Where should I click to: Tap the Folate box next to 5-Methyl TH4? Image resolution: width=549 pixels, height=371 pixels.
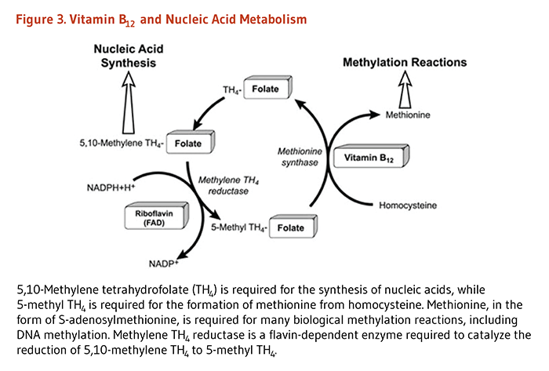click(x=289, y=227)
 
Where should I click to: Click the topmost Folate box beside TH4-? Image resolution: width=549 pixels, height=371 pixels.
click(x=264, y=89)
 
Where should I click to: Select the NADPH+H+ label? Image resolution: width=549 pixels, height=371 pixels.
click(x=113, y=187)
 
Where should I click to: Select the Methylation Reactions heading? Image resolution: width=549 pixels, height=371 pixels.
click(x=405, y=62)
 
